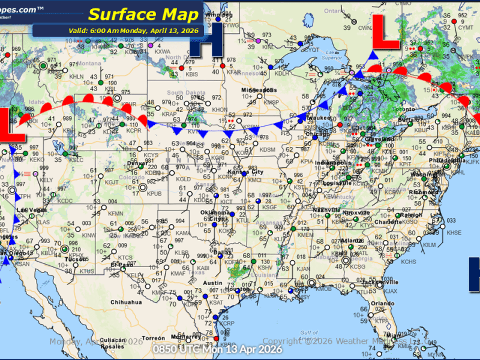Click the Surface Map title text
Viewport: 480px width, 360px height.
(x=136, y=14)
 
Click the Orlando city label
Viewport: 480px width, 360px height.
(x=382, y=303)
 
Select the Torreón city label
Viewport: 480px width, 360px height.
(x=154, y=338)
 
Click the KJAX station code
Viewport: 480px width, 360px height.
(x=391, y=290)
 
